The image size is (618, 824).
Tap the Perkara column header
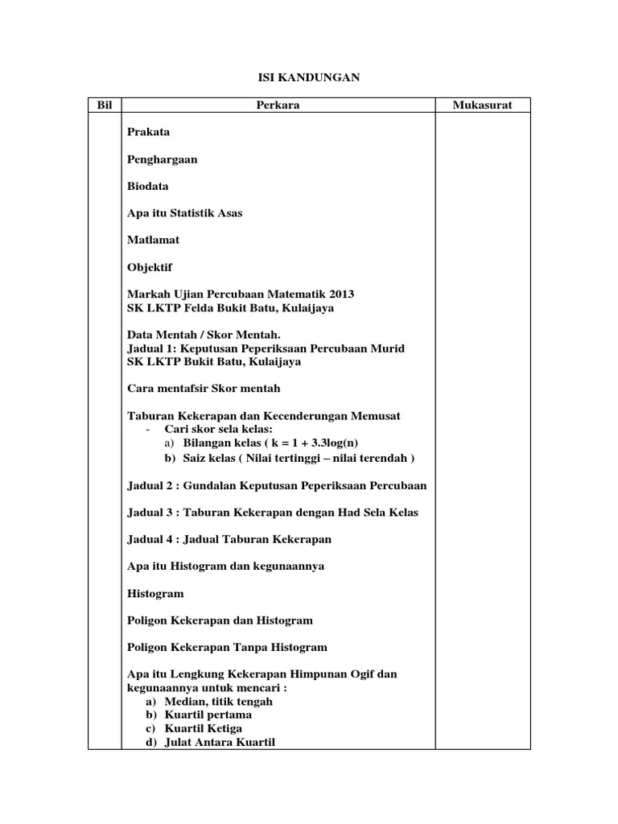pyautogui.click(x=278, y=105)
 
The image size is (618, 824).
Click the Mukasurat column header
pyautogui.click(x=482, y=105)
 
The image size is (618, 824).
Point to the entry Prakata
pyautogui.click(x=149, y=132)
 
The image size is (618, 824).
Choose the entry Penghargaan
pyautogui.click(x=162, y=159)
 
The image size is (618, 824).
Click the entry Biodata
pyautogui.click(x=148, y=186)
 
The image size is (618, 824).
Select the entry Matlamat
pyautogui.click(x=153, y=240)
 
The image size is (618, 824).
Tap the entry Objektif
pyautogui.click(x=150, y=267)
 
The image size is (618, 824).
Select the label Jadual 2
pyautogui.click(x=153, y=485)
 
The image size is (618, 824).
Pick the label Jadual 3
pyautogui.click(x=153, y=513)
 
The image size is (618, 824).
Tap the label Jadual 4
pyautogui.click(x=153, y=539)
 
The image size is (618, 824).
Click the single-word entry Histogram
pyautogui.click(x=155, y=594)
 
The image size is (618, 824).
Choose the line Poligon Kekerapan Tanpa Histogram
pyautogui.click(x=228, y=648)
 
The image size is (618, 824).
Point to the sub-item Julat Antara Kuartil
pyautogui.click(x=219, y=742)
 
